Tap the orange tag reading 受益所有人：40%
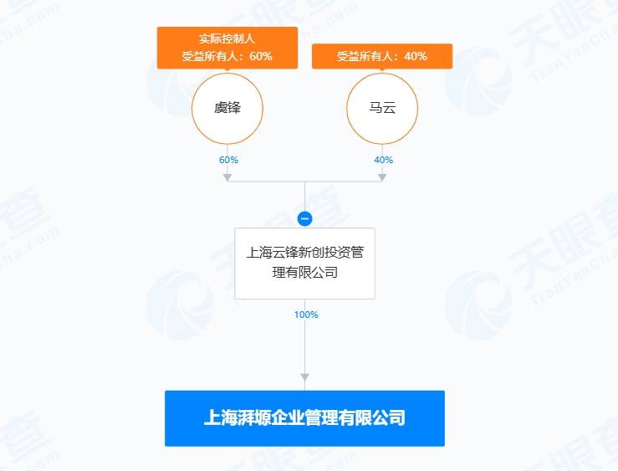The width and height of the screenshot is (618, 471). pos(382,56)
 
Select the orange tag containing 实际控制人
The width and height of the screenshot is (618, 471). pos(227,48)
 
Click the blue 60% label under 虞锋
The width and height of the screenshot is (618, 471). pos(228,160)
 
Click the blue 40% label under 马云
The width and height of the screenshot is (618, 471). pos(384,160)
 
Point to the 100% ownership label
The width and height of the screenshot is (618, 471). pos(306,315)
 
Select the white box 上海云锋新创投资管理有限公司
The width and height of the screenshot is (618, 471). pos(304,264)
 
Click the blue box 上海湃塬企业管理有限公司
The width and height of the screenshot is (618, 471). pos(304,418)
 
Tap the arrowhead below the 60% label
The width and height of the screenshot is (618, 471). pos(227,177)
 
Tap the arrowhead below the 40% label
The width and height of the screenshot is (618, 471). pos(382,177)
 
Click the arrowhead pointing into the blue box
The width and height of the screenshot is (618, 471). pos(304,377)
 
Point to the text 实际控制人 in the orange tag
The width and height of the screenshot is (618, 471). pos(227,38)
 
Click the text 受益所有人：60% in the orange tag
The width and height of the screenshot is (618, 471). pos(227,56)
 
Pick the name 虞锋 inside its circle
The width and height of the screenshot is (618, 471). pos(227,108)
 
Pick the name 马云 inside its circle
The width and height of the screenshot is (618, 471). pos(382,108)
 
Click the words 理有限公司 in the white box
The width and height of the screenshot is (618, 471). pos(304,273)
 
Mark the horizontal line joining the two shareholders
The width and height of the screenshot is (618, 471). pos(304,182)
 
